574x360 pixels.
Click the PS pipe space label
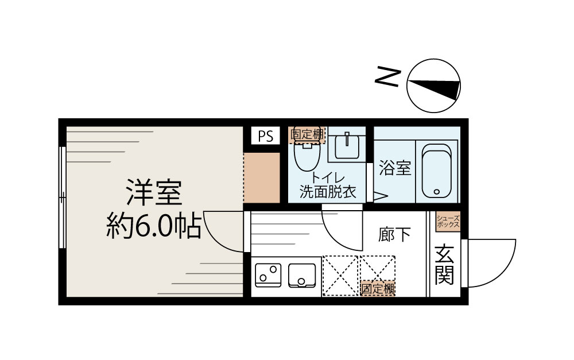click(265, 136)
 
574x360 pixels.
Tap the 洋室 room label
click(154, 193)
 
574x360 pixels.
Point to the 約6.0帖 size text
click(154, 227)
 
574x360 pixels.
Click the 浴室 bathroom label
click(395, 169)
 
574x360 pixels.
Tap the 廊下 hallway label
click(395, 234)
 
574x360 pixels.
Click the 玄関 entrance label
click(444, 265)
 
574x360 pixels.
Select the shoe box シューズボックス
click(448, 222)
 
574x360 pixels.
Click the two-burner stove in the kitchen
click(267, 274)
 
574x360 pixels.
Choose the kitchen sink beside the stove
click(302, 274)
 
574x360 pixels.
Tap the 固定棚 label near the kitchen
click(378, 289)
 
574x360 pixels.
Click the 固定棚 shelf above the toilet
click(308, 134)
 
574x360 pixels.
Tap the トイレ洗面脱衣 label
click(328, 185)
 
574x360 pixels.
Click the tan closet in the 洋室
click(261, 178)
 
